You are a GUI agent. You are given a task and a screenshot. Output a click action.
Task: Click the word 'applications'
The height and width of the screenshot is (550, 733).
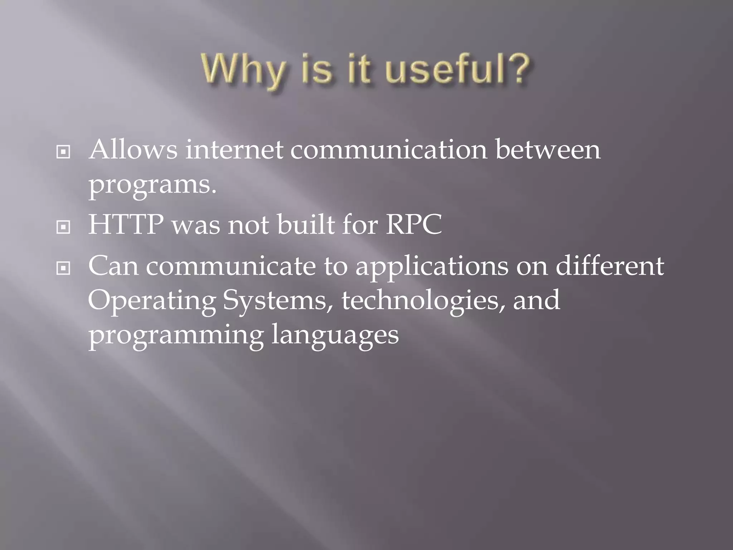pos(432,267)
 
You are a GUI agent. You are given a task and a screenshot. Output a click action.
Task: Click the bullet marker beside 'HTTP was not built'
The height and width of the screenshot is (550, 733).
pos(63,227)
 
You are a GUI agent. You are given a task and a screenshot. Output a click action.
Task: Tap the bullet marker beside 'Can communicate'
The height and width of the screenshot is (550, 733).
pos(63,268)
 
